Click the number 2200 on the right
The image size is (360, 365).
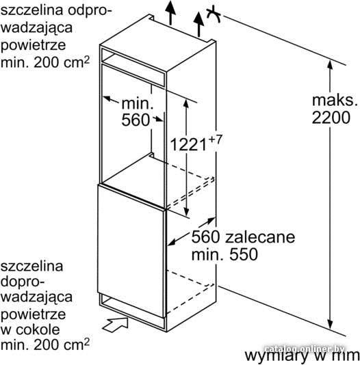331,118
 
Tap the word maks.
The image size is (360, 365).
335,100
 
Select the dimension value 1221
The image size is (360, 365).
188,144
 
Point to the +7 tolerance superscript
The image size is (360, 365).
216,139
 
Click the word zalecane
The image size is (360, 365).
260,237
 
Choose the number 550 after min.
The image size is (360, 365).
244,254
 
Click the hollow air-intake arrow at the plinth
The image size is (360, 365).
116,324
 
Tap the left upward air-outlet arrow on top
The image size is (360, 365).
170,12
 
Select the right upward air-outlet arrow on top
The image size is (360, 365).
198,25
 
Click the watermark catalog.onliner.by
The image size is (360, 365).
305,349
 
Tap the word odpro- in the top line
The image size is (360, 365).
90,11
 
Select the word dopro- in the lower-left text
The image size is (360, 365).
23,282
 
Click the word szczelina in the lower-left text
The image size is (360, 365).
31,266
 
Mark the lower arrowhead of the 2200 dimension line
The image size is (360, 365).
330,324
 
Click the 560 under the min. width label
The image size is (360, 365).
136,120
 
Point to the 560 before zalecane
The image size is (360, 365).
205,237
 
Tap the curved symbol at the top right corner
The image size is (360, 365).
214,14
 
